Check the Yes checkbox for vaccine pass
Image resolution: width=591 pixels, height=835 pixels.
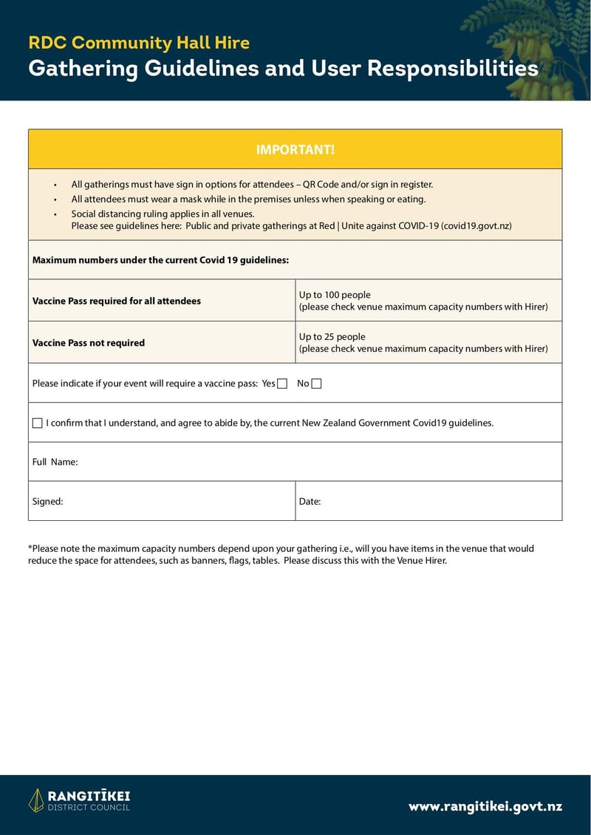pos(281,384)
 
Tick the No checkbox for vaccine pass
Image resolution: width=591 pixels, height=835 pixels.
pos(316,384)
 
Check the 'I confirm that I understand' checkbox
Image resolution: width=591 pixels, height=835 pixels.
pos(38,423)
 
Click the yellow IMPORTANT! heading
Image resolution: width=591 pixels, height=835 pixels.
pos(295,150)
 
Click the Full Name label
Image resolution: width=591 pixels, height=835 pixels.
pos(55,462)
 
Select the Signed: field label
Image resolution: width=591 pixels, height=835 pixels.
pos(47,501)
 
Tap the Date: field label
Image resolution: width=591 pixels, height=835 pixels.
pos(310,501)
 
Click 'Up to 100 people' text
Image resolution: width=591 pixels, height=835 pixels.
pos(335,295)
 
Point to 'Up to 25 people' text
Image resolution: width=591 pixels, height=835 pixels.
pos(332,337)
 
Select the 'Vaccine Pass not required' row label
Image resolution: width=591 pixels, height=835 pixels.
pos(89,343)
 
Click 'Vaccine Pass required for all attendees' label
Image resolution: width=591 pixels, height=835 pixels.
pos(117,301)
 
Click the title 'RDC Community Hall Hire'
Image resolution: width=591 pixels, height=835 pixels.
pos(139,43)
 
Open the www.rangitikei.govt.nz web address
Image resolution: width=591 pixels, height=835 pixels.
pos(485,806)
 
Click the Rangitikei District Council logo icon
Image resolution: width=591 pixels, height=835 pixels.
pos(36,800)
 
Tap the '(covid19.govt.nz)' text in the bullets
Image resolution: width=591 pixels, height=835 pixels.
pos(476,226)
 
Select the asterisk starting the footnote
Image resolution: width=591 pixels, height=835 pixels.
pos(30,548)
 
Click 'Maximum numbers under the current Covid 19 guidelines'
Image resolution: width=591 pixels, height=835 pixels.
pos(160,260)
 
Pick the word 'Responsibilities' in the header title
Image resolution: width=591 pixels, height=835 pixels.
pos(452,69)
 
